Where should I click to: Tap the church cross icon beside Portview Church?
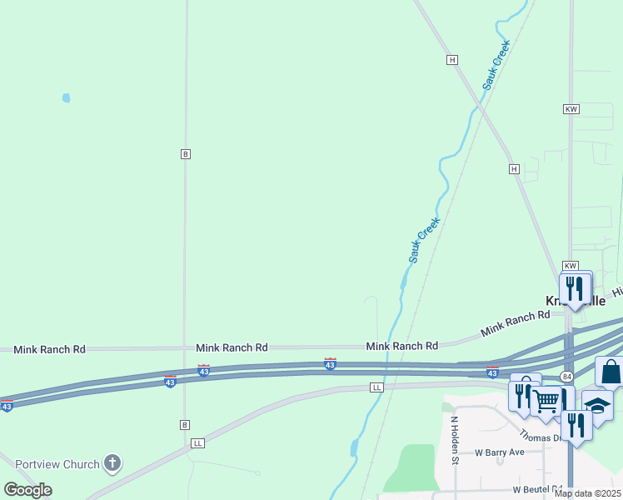112,463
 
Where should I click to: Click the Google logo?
28,490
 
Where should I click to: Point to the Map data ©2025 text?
586,493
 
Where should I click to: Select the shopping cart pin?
546,403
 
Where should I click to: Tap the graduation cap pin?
597,407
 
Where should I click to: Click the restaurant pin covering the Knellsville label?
574,289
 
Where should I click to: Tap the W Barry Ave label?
500,452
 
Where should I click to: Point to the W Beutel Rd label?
538,489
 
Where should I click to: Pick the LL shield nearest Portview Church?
197,442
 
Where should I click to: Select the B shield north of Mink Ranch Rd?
186,154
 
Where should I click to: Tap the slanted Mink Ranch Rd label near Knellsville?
516,324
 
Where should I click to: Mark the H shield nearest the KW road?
515,169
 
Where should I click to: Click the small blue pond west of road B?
66,97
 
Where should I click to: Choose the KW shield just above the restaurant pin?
571,264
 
